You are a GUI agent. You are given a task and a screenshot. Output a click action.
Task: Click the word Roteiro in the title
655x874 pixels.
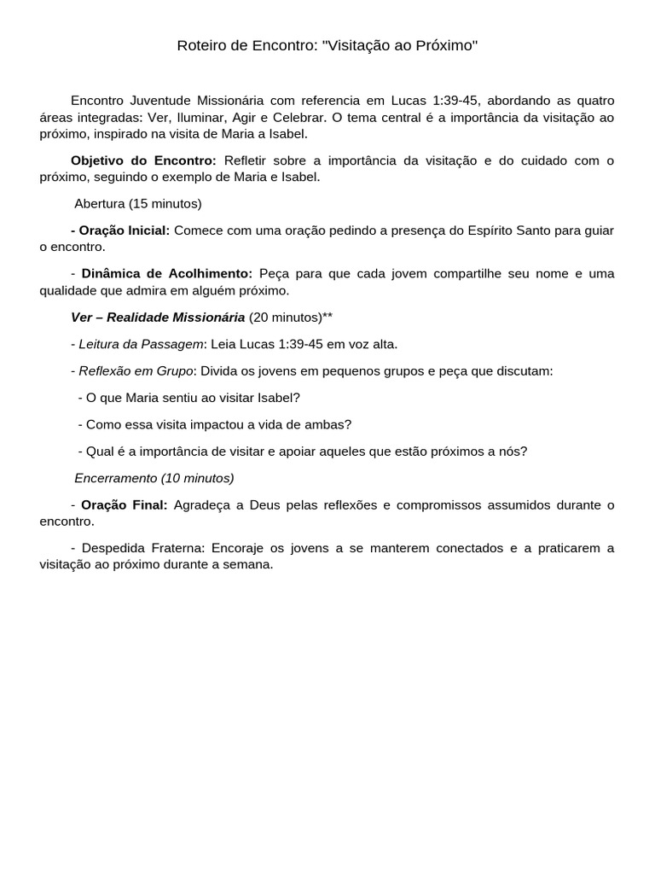click(x=200, y=45)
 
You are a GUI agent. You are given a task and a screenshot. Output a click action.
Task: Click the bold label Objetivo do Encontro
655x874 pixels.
click(x=143, y=160)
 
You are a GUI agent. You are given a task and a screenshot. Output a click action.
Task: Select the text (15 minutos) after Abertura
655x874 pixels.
click(x=165, y=204)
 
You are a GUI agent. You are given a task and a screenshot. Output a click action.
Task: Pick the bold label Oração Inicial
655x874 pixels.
click(x=125, y=230)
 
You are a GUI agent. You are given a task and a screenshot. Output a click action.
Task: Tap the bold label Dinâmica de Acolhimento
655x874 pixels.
click(x=166, y=273)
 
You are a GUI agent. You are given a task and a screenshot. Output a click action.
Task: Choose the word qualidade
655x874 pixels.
click(x=68, y=290)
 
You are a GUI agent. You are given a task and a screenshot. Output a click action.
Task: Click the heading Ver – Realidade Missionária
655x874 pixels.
click(x=158, y=318)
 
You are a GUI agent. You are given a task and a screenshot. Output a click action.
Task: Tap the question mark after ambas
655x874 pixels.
click(x=347, y=424)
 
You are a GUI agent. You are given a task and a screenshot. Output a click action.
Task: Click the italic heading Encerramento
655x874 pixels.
click(x=116, y=478)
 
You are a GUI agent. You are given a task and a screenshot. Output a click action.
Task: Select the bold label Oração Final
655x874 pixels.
click(x=125, y=504)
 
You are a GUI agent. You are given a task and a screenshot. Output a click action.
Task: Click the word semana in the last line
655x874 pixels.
click(x=249, y=564)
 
